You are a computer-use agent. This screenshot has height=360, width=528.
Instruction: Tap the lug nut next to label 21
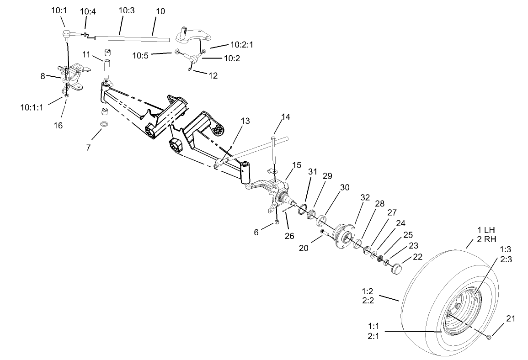[x=489, y=337]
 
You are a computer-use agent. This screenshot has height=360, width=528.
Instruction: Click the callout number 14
[x=286, y=116]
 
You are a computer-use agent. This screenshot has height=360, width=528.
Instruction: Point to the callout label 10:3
[x=126, y=10]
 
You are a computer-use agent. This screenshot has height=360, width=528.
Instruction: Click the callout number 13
[x=245, y=121]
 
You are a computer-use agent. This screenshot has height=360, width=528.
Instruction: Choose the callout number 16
[x=59, y=125]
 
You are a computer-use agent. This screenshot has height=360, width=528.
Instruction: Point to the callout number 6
[x=256, y=232]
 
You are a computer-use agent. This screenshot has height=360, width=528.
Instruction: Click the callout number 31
[x=312, y=172]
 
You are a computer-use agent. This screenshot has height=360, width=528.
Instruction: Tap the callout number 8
[x=43, y=76]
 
